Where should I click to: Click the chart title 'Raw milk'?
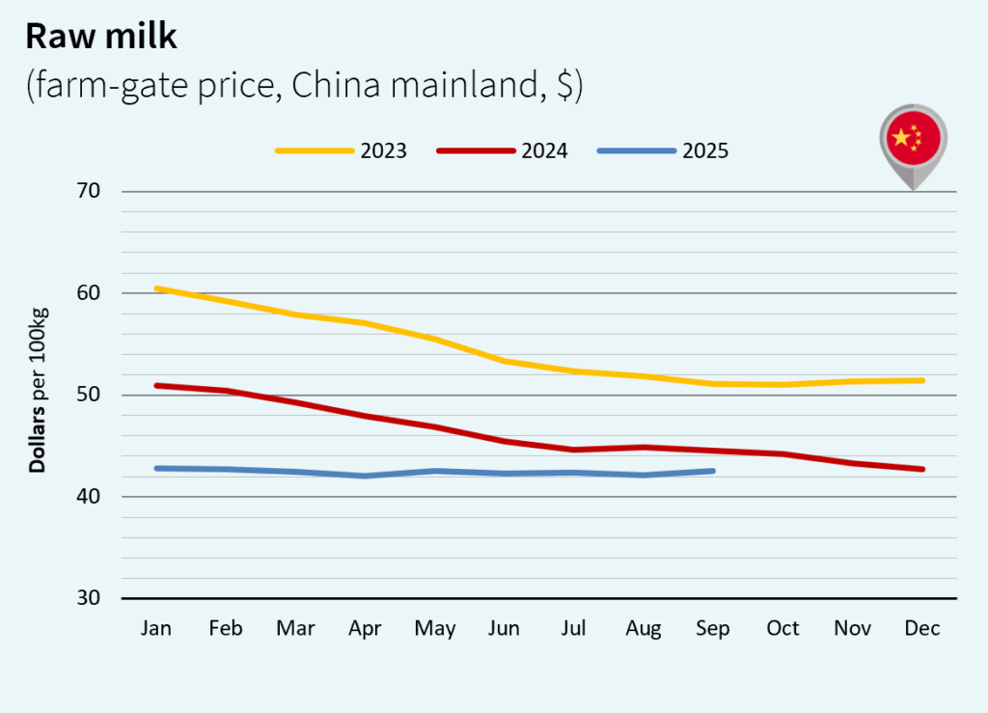tap(101, 36)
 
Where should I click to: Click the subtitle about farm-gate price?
tap(304, 86)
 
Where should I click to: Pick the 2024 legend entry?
tap(503, 151)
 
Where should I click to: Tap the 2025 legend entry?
tap(664, 151)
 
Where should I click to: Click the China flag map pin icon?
tap(912, 143)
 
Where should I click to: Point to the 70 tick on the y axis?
tap(88, 191)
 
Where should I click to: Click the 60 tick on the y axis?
tap(88, 293)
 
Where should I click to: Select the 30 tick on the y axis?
tap(88, 598)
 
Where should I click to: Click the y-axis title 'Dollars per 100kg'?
tap(38, 391)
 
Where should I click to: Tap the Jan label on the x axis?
tap(156, 629)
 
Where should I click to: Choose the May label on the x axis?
tap(435, 629)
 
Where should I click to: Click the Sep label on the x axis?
tap(713, 629)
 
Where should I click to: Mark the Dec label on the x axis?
tap(922, 629)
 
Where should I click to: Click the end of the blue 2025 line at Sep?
tap(713, 471)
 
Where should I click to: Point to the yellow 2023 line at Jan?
tap(157, 288)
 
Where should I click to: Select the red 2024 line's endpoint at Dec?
tap(922, 469)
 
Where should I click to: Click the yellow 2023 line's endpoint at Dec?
tap(922, 380)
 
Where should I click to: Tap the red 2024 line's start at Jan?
tap(157, 385)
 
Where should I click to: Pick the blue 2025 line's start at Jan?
tap(157, 468)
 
